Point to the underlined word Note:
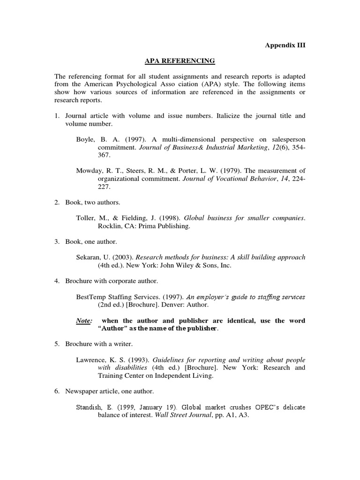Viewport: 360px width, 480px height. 84,321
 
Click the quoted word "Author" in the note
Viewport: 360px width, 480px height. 112,329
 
